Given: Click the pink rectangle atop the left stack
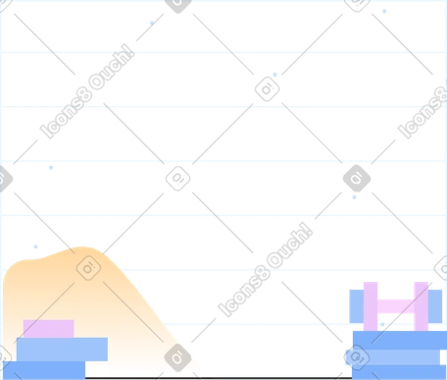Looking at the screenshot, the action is (x=49, y=329).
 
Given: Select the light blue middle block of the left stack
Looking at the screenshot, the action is (x=62, y=350).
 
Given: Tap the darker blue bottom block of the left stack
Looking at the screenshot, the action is (x=44, y=370).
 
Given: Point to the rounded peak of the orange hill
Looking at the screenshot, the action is (x=81, y=248).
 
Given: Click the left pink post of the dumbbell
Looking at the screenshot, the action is (x=371, y=306).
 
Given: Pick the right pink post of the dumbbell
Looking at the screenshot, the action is (x=421, y=306).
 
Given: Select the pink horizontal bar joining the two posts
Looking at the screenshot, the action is (x=396, y=306).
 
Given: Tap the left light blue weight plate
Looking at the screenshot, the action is (x=357, y=306).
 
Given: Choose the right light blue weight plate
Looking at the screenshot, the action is (x=435, y=306).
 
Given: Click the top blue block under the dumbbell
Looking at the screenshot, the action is (x=400, y=340).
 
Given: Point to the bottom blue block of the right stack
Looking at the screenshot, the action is (x=399, y=372).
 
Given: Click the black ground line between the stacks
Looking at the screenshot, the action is (x=219, y=378).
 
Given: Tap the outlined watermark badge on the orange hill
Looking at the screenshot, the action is (x=88, y=268).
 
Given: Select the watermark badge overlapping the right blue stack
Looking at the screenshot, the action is (x=357, y=357).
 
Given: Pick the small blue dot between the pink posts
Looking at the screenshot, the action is (x=382, y=324).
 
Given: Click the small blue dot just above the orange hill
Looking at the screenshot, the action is (x=35, y=246).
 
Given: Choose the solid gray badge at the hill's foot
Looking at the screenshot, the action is (x=177, y=357).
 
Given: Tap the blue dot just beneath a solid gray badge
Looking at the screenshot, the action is (x=354, y=197).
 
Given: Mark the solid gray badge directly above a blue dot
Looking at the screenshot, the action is (x=357, y=179).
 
